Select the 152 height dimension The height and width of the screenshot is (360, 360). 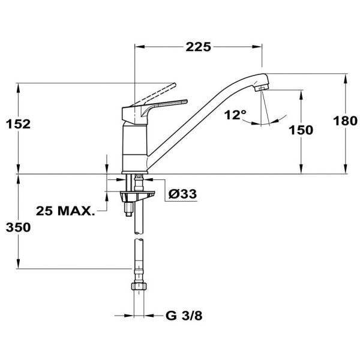click(17, 124)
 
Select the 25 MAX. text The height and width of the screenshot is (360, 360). click(65, 211)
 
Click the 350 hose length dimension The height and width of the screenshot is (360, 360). click(17, 228)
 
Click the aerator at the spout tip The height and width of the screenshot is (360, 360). click(260, 88)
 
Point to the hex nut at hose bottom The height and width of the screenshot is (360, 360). click(139, 286)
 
